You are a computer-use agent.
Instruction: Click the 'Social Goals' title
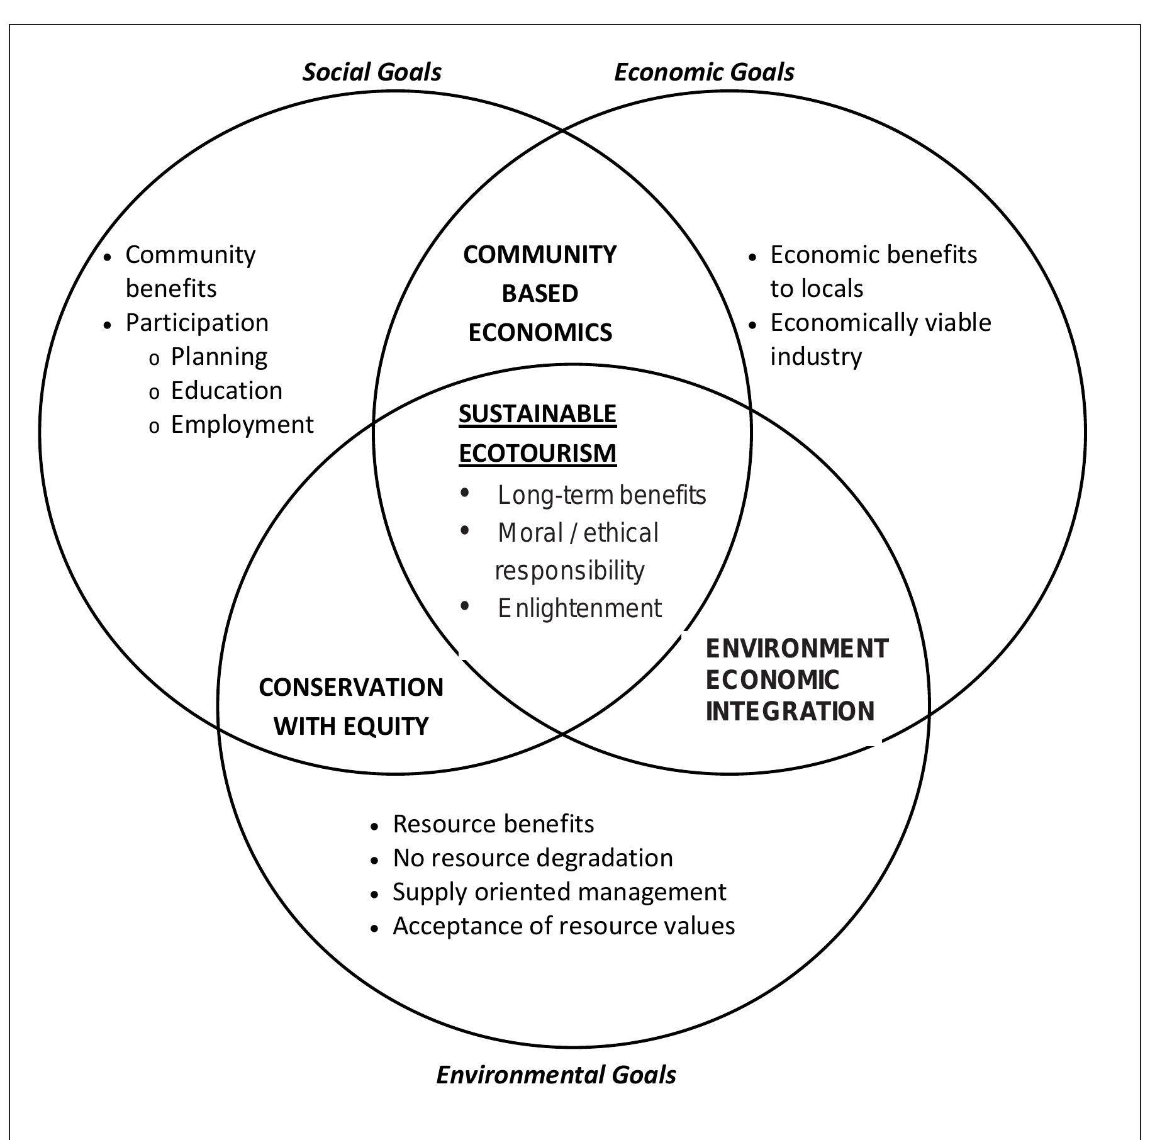[372, 72]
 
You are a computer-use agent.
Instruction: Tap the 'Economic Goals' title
[703, 72]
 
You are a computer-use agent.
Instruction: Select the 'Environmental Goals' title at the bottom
[555, 1075]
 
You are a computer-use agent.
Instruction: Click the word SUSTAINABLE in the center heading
[537, 414]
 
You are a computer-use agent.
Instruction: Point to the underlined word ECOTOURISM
[537, 453]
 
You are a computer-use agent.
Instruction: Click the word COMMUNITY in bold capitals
[540, 255]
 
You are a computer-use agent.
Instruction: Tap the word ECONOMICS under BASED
[540, 332]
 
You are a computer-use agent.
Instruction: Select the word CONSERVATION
[351, 687]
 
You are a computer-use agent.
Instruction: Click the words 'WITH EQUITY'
[351, 726]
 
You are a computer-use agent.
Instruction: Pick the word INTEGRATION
[790, 711]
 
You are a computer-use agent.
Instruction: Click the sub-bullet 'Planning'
[219, 357]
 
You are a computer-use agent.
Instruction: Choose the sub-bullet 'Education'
[226, 391]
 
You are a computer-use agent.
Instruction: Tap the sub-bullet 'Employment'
[242, 425]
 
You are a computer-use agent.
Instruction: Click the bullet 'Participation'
[197, 323]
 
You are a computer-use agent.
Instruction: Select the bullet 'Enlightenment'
[579, 608]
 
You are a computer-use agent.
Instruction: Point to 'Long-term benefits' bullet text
[601, 495]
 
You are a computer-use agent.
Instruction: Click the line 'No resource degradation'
[532, 858]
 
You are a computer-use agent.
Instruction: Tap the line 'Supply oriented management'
[559, 892]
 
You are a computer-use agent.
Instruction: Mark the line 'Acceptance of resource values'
[564, 926]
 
